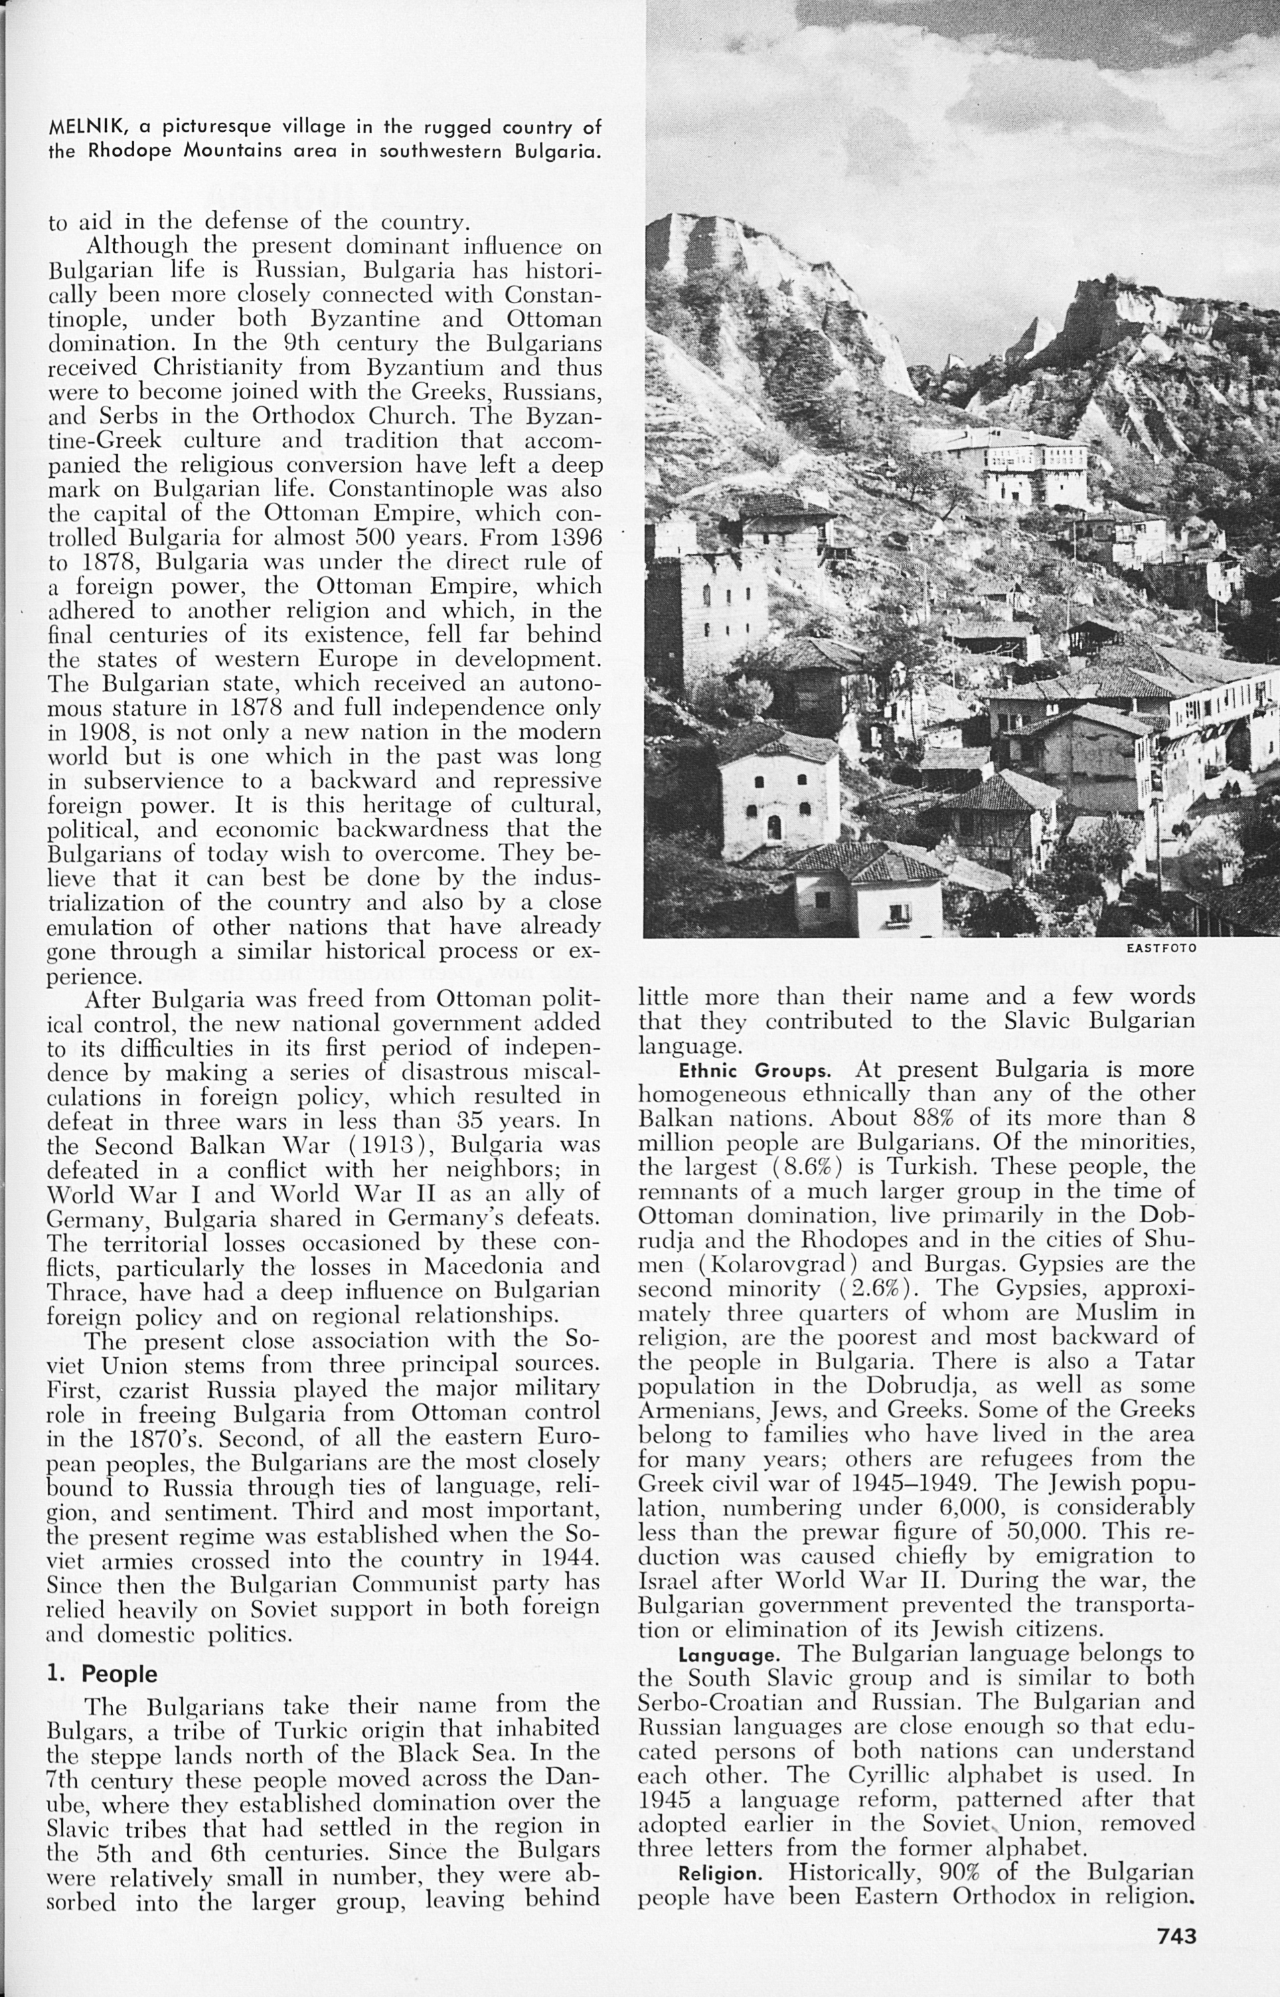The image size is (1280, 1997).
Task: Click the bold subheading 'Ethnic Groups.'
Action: [754, 1071]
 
